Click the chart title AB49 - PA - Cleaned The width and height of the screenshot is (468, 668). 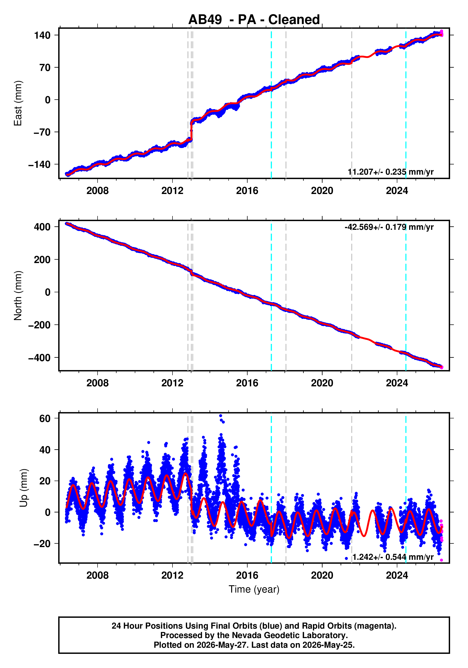coord(254,20)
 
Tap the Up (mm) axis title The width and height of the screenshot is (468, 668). coord(24,488)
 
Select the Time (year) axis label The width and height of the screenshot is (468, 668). coord(254,590)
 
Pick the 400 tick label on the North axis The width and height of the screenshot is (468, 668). coord(42,227)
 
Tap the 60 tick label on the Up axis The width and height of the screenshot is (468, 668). coord(45,419)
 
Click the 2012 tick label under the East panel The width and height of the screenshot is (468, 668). coord(172,191)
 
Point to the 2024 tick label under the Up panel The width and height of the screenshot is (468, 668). coord(397,575)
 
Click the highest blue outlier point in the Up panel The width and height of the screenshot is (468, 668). coord(221,416)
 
